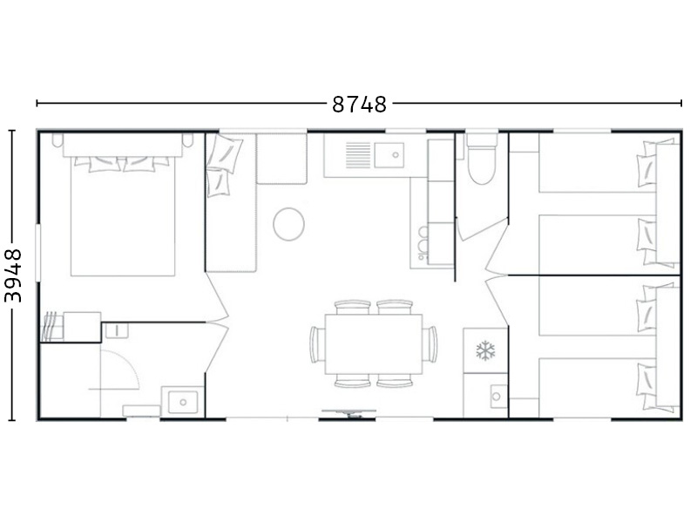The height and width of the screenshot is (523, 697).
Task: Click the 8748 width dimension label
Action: pos(359,105)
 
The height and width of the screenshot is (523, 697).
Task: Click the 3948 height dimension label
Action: pos(13,275)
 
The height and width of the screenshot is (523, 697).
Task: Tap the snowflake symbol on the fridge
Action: pos(485,350)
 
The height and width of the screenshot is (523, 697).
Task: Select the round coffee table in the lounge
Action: pos(288,225)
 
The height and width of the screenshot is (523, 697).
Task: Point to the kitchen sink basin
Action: pos(389,155)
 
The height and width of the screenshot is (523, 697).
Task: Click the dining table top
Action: pos(374,344)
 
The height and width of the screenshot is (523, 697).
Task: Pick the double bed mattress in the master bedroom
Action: pos(123,216)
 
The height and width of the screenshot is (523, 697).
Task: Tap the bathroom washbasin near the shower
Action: pos(183,402)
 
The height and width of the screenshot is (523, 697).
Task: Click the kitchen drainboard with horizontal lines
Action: pos(358,155)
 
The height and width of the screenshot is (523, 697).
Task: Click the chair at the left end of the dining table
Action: pos(317,344)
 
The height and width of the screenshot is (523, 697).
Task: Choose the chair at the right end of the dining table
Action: pos(430,344)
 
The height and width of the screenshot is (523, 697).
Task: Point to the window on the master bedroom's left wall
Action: pos(37,253)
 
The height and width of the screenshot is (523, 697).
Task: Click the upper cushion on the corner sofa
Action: pos(226,154)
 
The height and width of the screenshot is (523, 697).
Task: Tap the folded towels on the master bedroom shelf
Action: pos(52,326)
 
